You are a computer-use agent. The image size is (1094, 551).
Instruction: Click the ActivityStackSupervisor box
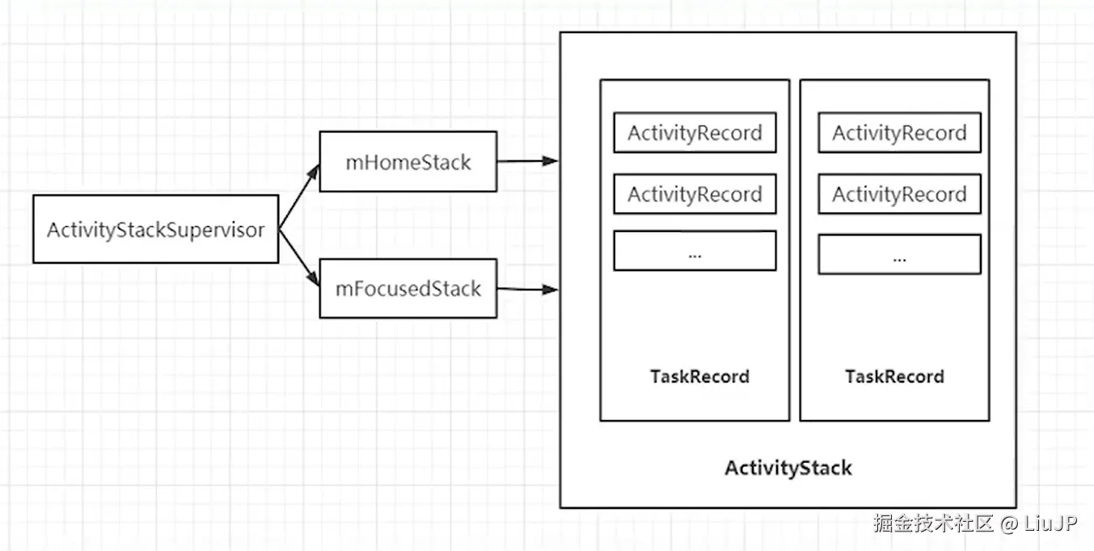point(156,229)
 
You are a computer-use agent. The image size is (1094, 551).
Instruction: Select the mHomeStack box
point(408,161)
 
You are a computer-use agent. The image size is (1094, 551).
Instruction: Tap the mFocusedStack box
point(408,289)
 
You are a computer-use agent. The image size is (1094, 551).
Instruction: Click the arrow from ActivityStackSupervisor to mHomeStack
point(299,197)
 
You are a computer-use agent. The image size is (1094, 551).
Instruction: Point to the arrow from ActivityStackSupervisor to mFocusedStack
point(299,257)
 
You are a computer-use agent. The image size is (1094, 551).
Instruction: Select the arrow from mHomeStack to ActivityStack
point(528,161)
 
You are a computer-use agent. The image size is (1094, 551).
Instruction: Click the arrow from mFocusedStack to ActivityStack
point(528,290)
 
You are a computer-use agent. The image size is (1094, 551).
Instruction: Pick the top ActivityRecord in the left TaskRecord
point(695,133)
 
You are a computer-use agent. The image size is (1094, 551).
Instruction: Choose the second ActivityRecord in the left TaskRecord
point(695,194)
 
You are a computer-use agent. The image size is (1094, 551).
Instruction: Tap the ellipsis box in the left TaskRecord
point(695,251)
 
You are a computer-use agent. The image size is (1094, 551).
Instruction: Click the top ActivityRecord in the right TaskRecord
point(900,133)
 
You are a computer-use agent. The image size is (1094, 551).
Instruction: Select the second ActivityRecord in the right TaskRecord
point(900,194)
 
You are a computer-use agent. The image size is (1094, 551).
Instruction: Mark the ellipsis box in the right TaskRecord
point(900,254)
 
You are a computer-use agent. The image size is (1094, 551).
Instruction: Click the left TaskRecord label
point(699,376)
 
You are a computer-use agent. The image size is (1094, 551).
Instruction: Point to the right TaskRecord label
point(895,376)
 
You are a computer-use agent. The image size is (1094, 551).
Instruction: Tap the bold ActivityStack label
point(788,468)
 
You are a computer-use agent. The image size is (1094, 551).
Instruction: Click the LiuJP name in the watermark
point(1050,523)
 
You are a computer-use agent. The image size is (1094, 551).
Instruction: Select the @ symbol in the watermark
point(1009,524)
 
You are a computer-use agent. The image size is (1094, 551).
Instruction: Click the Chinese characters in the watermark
point(934,523)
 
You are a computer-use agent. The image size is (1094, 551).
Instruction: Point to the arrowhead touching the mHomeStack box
point(313,172)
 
